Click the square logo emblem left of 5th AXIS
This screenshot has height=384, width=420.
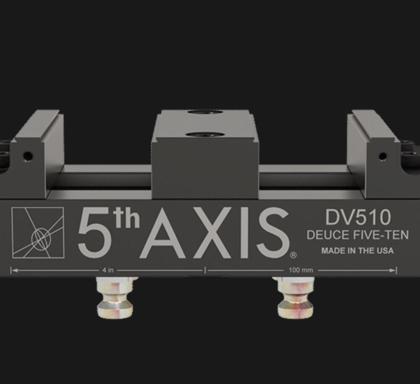[x=38, y=233]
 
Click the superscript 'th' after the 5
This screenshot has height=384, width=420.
[x=128, y=218]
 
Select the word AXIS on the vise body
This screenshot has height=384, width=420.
[x=215, y=233]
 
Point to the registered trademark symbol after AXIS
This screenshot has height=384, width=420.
[x=293, y=255]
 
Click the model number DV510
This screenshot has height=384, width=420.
[x=358, y=217]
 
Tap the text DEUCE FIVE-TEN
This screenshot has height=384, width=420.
[x=357, y=235]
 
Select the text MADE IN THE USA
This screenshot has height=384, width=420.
[x=357, y=251]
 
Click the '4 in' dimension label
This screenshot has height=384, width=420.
[x=108, y=270]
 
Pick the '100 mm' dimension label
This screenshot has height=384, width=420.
[x=301, y=270]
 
